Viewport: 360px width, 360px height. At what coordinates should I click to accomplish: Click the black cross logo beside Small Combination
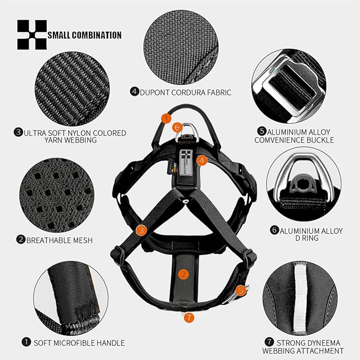pos(32,34)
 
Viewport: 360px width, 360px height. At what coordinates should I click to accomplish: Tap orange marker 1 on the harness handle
pos(166,119)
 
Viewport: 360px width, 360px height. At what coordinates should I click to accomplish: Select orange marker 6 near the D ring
pos(177,127)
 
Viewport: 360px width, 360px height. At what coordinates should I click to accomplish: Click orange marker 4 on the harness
pos(202,161)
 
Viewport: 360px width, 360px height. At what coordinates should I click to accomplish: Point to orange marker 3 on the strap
pos(141,230)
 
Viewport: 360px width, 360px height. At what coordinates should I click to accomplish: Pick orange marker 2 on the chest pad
pos(183,274)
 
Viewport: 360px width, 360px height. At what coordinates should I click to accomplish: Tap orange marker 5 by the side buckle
pos(241,291)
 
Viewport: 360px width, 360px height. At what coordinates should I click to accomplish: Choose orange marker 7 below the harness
pos(189,318)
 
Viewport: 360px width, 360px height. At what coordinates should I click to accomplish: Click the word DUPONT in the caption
pos(154,93)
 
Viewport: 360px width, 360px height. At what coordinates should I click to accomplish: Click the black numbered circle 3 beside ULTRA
pos(19,132)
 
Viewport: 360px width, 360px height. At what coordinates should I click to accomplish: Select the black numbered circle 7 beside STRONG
pos(269,342)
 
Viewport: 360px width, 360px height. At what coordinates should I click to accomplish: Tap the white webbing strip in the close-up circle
pos(300,298)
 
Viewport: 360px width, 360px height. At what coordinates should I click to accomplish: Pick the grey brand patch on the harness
pos(186,162)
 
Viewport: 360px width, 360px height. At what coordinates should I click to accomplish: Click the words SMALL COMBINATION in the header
pos(84,35)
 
